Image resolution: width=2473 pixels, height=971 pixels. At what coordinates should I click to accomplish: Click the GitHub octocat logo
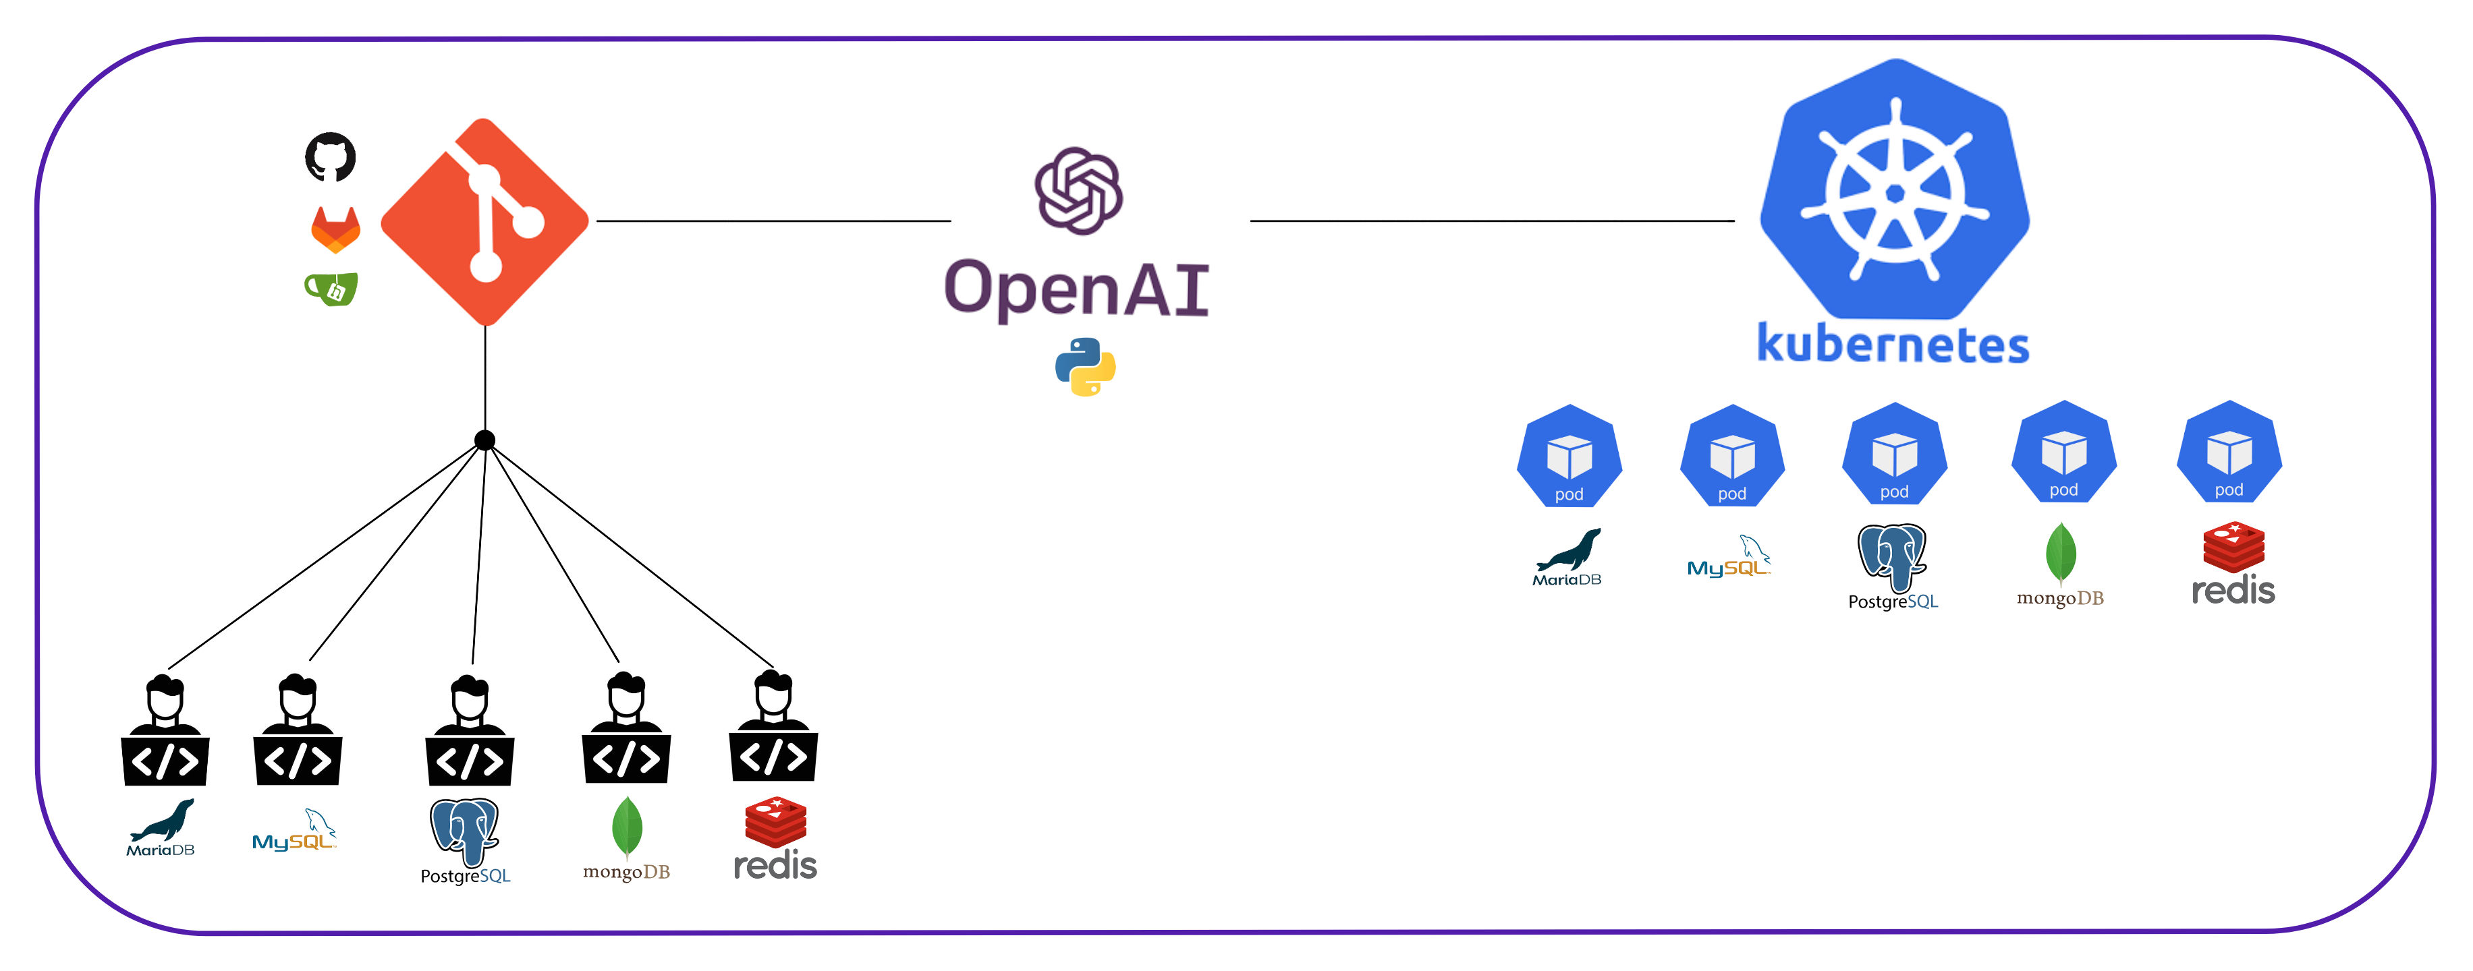(x=330, y=156)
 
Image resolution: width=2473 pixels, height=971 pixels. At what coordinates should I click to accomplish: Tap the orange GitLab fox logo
(x=335, y=229)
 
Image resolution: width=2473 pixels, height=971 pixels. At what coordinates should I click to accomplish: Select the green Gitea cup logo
(x=332, y=289)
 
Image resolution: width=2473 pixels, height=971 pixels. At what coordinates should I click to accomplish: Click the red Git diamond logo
(x=484, y=222)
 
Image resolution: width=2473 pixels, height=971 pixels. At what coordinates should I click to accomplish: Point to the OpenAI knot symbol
(x=1078, y=190)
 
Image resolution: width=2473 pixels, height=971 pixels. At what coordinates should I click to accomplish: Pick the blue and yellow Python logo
(x=1085, y=367)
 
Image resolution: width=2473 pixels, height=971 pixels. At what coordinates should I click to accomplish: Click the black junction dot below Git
(x=484, y=440)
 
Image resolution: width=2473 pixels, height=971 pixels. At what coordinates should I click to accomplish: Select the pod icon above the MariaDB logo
(x=1569, y=457)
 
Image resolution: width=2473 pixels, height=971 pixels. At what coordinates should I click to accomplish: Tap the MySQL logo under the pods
(x=1729, y=558)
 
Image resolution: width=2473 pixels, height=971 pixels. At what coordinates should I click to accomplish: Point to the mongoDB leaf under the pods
(x=2060, y=554)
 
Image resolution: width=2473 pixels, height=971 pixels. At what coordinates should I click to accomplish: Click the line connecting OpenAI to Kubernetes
(x=1491, y=220)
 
